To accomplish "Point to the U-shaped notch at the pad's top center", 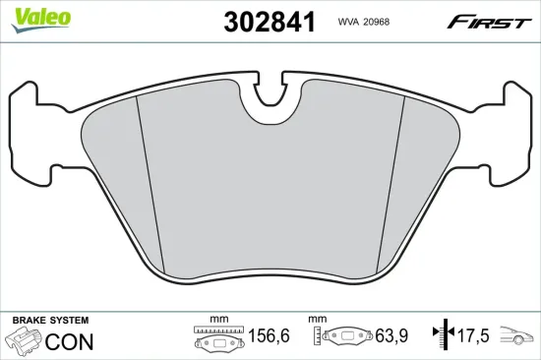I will tap(270, 103).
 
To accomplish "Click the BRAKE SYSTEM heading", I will tap(49, 321).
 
